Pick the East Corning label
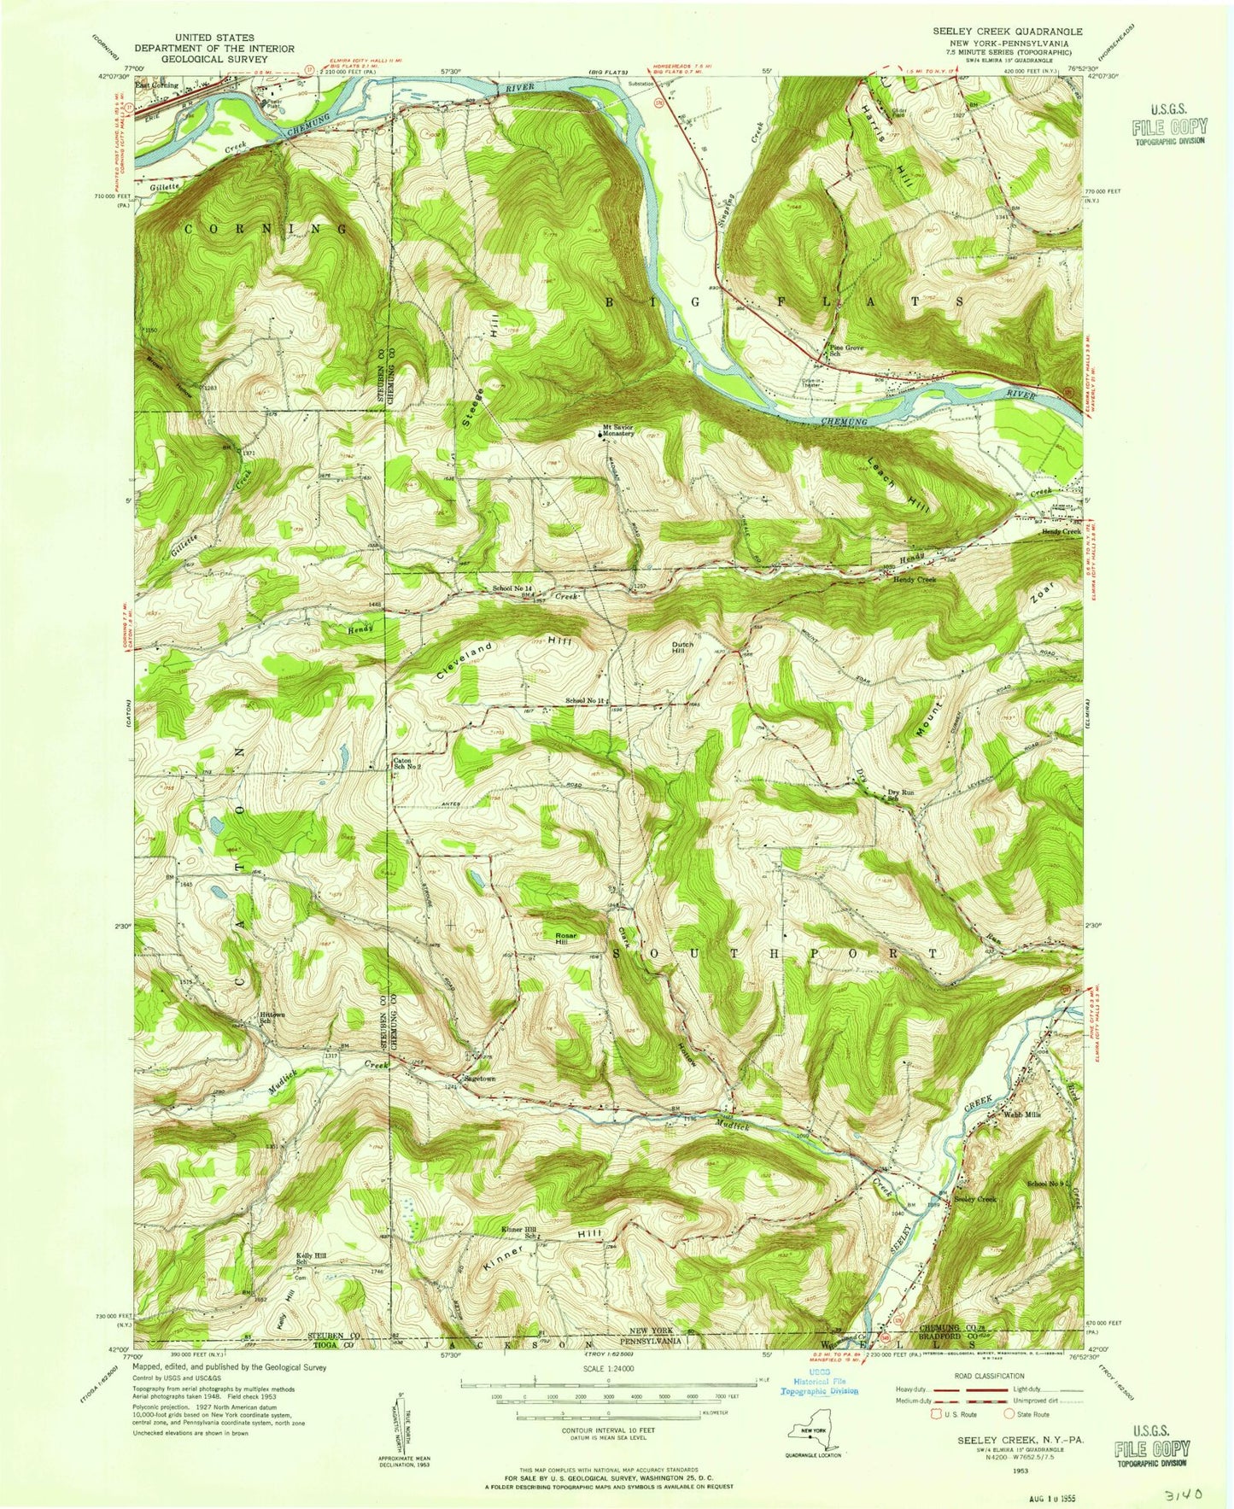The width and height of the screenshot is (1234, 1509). pyautogui.click(x=156, y=85)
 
